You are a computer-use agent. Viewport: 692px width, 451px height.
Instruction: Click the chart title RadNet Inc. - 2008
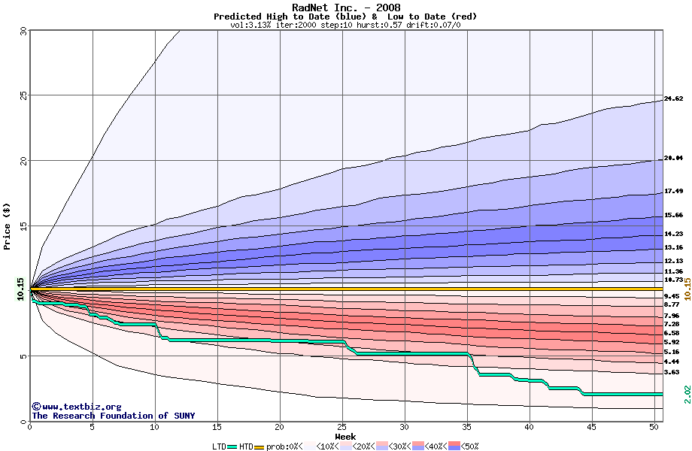(x=345, y=8)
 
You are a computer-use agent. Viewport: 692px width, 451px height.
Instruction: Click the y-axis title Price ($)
(x=8, y=225)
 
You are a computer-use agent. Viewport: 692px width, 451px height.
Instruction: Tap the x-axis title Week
(x=345, y=437)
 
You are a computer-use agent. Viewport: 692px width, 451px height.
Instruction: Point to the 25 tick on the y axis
(x=23, y=95)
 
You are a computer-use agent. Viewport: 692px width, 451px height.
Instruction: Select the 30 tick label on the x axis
(x=405, y=428)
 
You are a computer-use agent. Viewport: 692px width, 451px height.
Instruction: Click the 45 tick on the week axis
(x=592, y=428)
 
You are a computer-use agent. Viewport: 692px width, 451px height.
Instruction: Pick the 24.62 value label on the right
(x=673, y=99)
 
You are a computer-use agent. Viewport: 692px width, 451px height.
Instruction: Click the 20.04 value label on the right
(x=673, y=159)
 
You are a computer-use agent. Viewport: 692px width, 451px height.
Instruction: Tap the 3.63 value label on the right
(x=672, y=372)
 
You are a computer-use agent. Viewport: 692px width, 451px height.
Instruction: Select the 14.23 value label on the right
(x=673, y=235)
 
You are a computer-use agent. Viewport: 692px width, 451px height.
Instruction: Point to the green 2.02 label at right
(x=687, y=394)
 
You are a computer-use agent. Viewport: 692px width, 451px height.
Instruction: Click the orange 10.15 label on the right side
(x=687, y=289)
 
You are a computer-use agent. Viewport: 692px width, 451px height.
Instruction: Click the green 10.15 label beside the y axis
(x=21, y=289)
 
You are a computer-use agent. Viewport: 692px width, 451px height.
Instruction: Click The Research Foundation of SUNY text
(x=113, y=416)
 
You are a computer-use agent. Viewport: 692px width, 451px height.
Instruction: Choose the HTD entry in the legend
(x=246, y=446)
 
